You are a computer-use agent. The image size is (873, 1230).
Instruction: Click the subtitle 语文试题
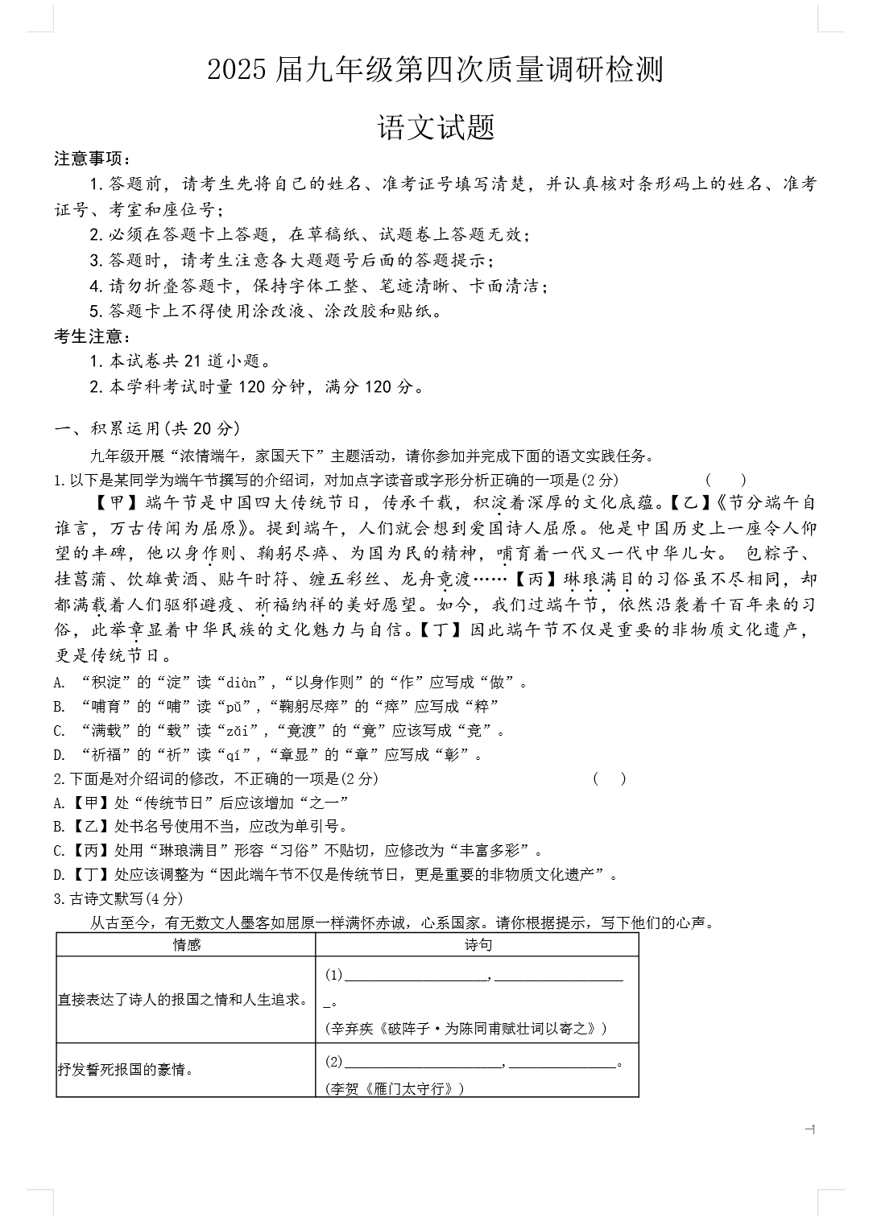tap(436, 128)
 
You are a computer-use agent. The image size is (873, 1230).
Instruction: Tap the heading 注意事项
tap(91, 159)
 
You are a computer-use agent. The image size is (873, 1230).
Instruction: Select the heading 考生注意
tap(91, 336)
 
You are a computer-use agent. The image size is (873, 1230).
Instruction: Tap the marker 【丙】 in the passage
tap(534, 579)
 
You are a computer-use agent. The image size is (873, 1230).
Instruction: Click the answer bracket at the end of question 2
tap(609, 778)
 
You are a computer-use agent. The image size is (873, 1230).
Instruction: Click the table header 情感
tap(187, 945)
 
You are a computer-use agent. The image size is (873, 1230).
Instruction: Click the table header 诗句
tap(478, 945)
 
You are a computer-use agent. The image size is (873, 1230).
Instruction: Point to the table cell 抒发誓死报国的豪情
tap(126, 1070)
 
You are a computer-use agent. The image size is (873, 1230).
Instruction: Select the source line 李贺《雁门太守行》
tap(395, 1088)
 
